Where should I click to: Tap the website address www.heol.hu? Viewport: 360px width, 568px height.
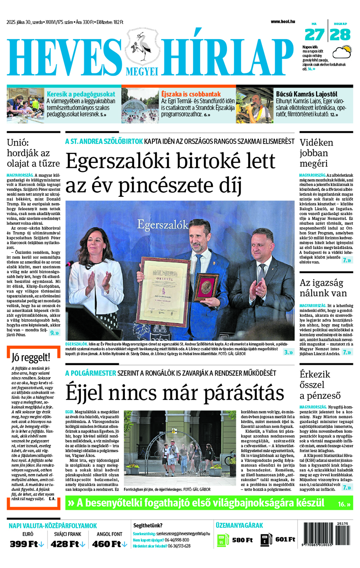tap(282, 22)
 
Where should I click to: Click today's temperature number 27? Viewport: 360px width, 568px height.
tap(314, 35)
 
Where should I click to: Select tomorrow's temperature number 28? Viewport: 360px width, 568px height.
tap(340, 35)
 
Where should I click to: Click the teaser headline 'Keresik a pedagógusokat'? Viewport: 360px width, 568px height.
tap(81, 94)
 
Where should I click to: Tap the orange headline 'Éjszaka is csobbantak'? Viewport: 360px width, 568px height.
tap(191, 94)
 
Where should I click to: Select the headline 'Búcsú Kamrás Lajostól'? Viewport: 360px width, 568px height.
tap(306, 94)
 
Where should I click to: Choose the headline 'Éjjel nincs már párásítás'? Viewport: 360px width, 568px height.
tap(175, 392)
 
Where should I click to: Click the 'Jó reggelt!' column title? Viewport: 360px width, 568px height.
tap(31, 357)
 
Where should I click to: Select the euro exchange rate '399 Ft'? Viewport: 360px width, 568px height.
tap(26, 544)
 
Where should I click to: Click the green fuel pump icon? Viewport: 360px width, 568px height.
tap(222, 540)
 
